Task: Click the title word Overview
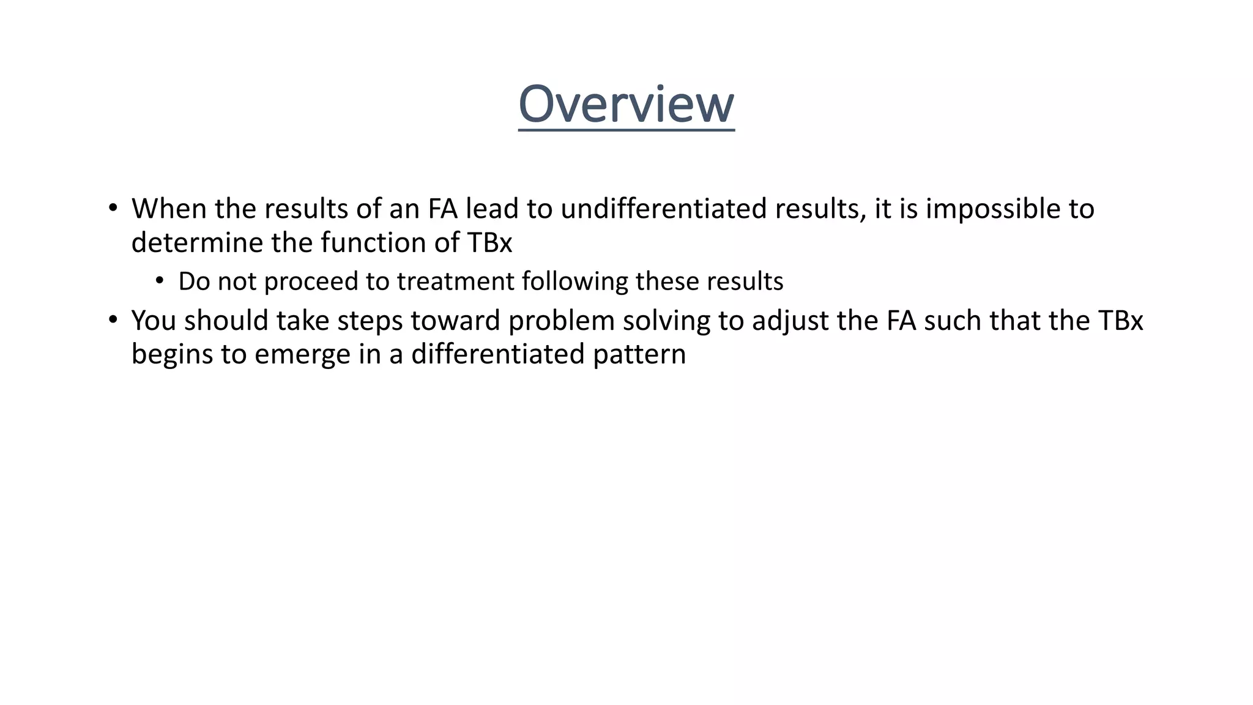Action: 626,105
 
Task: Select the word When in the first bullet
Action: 169,209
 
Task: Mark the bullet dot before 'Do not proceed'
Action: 160,281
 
